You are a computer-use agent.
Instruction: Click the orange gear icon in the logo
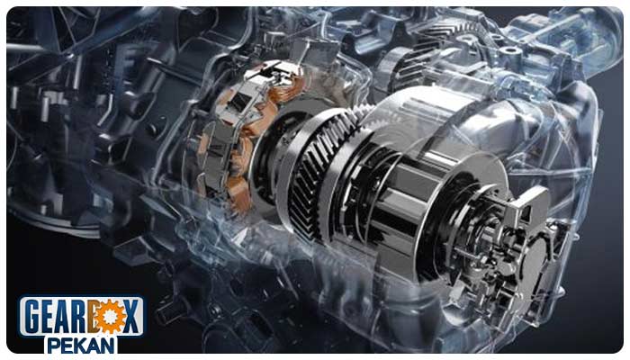click(109, 316)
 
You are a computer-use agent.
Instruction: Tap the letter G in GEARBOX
click(33, 316)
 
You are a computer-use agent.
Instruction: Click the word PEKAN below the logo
click(81, 346)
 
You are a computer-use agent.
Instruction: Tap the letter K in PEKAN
click(81, 346)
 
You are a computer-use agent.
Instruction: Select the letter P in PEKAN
click(54, 346)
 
